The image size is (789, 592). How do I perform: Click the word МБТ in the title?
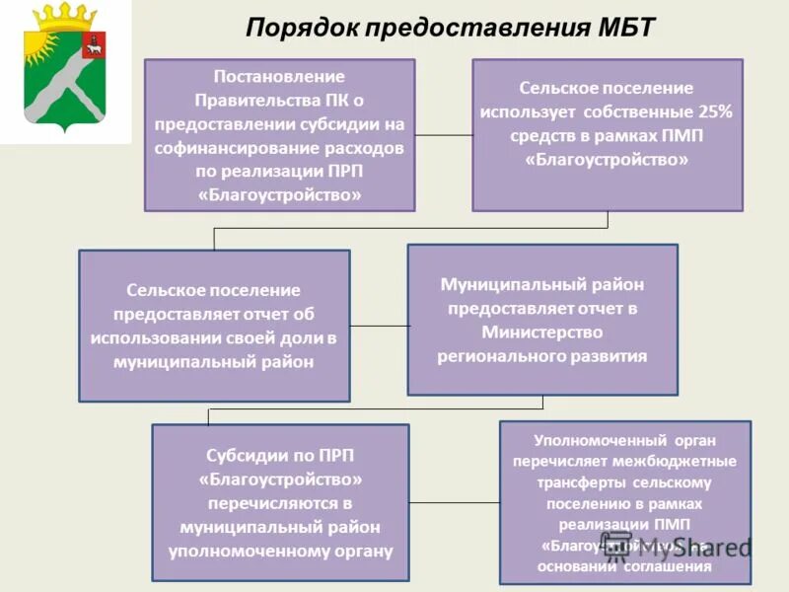(x=618, y=27)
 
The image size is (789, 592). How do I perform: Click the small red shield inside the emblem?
(x=95, y=46)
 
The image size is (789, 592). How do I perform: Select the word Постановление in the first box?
(x=279, y=76)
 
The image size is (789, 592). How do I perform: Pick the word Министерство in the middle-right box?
(x=542, y=333)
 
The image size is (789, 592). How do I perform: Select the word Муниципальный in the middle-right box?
(x=500, y=284)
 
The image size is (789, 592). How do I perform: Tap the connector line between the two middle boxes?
(x=379, y=326)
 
